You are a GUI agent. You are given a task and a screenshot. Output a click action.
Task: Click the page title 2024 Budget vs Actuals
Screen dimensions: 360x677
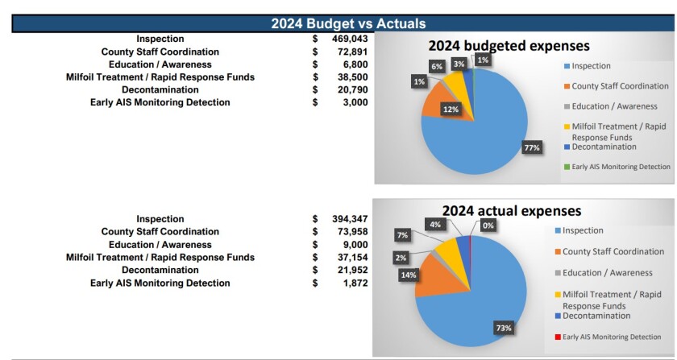coord(348,23)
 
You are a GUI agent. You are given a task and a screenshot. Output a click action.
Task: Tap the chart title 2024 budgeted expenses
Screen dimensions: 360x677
coord(509,47)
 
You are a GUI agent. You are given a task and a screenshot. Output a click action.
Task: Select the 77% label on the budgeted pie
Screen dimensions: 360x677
coord(531,148)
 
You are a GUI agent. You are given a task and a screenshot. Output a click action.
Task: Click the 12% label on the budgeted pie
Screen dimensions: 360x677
coord(451,110)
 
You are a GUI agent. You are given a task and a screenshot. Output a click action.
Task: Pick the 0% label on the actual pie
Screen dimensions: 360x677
coord(488,226)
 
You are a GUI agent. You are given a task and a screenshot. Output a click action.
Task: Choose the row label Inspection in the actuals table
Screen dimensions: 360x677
coord(160,219)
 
